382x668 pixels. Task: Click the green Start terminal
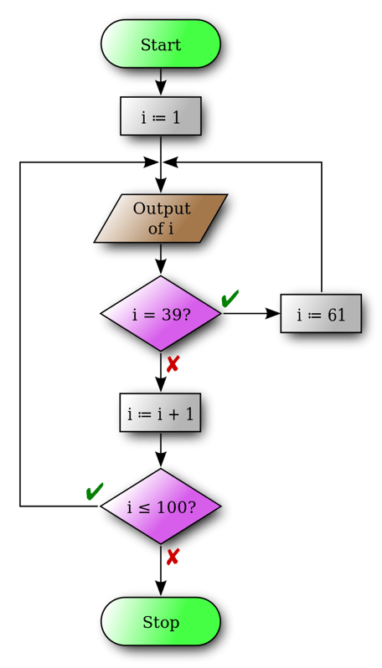(160, 44)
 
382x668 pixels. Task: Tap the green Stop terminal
(160, 622)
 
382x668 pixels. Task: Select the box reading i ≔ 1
(160, 116)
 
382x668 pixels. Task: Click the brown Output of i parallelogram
(160, 218)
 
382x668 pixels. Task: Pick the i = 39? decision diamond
(160, 314)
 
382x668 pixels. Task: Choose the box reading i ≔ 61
(321, 314)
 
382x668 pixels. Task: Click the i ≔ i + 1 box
(160, 413)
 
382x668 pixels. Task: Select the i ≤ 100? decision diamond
(160, 506)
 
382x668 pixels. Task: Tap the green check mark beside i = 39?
(230, 298)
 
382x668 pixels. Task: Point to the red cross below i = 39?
(173, 364)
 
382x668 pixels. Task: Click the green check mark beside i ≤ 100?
(95, 491)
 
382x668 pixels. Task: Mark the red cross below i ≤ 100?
(173, 557)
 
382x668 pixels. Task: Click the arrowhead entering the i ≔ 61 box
(273, 314)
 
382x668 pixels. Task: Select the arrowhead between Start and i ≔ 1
(160, 89)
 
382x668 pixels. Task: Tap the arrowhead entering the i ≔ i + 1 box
(160, 385)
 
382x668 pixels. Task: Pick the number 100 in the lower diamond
(174, 507)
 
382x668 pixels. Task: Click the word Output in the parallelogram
(162, 208)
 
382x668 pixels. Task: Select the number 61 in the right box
(337, 315)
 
